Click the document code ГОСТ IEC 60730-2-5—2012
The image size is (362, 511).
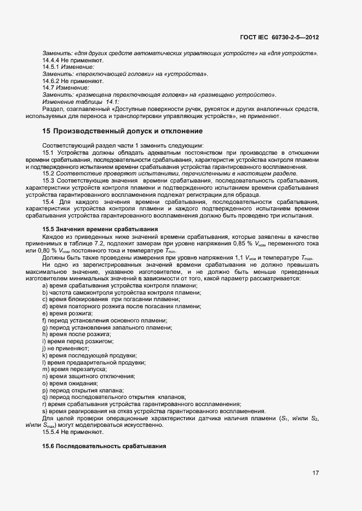coord(279,38)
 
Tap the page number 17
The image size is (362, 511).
coord(315,473)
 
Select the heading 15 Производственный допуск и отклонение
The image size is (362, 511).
coord(123,131)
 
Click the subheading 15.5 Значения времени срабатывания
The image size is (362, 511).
coord(100,228)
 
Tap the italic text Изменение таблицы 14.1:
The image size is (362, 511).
coord(81,102)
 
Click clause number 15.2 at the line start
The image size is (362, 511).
coord(48,173)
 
